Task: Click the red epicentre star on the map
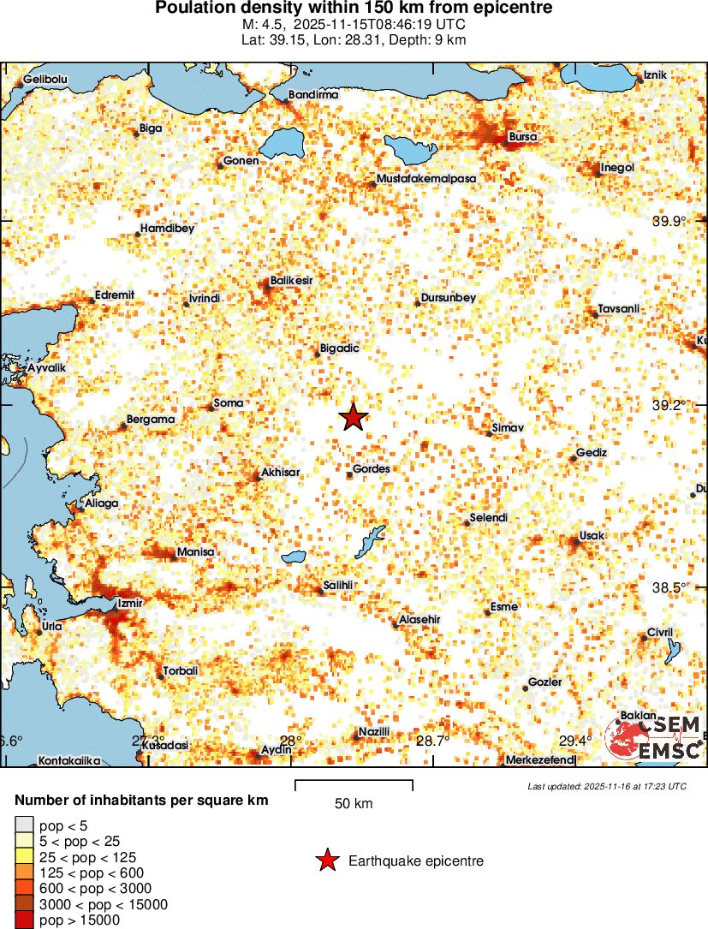pos(353,418)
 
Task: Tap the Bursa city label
pos(523,136)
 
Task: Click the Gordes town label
pos(371,469)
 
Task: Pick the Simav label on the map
pos(508,427)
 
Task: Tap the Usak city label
pos(592,535)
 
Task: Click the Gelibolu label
pos(45,79)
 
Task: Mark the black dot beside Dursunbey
pos(418,302)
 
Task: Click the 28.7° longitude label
pos(432,741)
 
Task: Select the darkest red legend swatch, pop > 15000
pos(24,920)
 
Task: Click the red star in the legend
pos(325,861)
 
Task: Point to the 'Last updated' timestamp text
pos(607,786)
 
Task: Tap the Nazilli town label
pos(374,731)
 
